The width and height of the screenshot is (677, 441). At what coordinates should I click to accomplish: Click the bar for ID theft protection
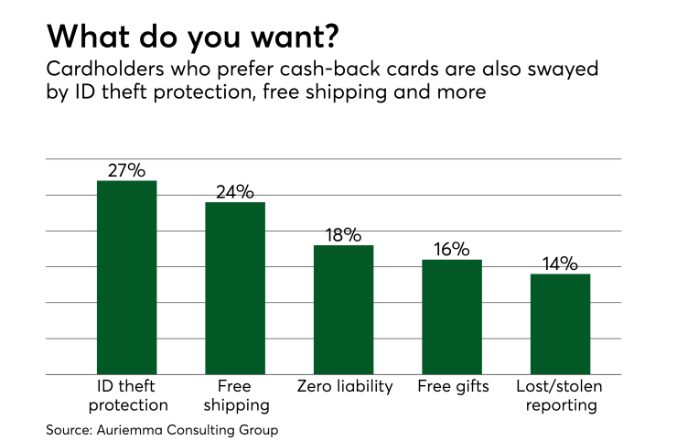(126, 277)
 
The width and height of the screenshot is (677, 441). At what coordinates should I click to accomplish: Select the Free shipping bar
(235, 288)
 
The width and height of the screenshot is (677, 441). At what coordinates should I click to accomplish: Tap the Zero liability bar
(343, 309)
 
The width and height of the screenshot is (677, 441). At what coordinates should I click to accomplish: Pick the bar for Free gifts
(451, 317)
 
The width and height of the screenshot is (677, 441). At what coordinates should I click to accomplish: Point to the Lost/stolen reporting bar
(559, 324)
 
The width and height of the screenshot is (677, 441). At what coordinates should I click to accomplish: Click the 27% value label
(126, 170)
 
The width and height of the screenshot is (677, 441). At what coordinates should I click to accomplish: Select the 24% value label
(235, 191)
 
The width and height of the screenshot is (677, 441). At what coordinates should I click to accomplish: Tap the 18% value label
(343, 234)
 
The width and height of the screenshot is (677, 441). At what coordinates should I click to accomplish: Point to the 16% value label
(451, 249)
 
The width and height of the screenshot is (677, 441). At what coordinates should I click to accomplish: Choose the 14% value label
(559, 264)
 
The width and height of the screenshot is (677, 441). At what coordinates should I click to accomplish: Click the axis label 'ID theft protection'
(126, 394)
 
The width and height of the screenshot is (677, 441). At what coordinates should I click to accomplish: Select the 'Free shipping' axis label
(235, 394)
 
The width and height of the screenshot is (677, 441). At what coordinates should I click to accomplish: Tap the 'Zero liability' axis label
(344, 385)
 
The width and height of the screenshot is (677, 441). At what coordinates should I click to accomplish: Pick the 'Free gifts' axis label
(452, 385)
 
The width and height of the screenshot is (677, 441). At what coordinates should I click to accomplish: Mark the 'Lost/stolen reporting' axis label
(559, 394)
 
